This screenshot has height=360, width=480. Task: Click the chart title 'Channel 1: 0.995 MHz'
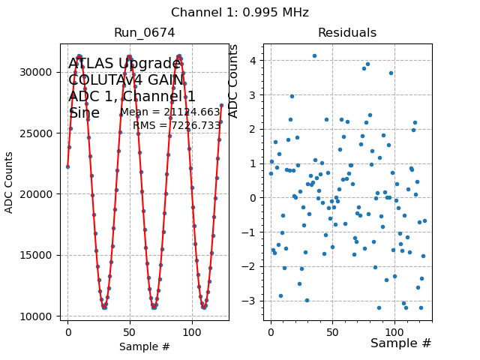pos(240,13)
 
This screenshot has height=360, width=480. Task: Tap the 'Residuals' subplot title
pos(347,33)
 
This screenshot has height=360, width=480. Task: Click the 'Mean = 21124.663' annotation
pos(170,112)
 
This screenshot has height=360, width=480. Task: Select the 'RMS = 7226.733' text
pos(177,125)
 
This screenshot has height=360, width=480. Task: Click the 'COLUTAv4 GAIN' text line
pos(124,80)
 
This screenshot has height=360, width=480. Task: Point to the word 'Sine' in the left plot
pos(84,113)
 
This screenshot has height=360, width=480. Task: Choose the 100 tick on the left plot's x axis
pos(192,331)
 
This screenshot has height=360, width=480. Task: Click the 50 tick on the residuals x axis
pos(333,331)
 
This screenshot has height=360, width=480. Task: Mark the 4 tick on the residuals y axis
pos(254,61)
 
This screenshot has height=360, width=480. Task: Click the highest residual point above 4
pos(314,55)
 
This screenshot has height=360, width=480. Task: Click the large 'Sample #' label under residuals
pos(400,343)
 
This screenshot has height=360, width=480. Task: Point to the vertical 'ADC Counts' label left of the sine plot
pos(10,182)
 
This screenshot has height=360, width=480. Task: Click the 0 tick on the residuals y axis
pos(254,198)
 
